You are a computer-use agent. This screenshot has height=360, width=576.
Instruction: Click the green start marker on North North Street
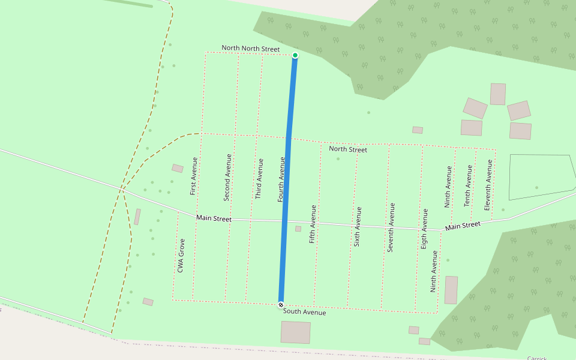click(295, 55)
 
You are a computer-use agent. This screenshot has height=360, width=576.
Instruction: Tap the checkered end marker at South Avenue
click(281, 305)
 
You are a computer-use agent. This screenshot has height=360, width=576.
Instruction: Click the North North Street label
click(251, 48)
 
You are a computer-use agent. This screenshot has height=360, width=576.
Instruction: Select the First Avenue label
click(193, 176)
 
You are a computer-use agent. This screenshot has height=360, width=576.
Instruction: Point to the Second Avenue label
click(227, 177)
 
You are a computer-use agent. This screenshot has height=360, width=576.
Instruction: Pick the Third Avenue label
click(260, 179)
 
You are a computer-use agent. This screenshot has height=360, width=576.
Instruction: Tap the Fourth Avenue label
click(281, 179)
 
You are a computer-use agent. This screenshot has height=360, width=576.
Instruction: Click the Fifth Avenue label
click(313, 224)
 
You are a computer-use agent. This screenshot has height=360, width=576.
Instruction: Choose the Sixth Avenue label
click(358, 227)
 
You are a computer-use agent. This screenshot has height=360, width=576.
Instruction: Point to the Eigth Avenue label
click(425, 229)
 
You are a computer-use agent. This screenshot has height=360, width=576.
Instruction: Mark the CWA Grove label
click(181, 256)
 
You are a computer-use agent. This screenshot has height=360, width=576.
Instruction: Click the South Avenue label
click(305, 312)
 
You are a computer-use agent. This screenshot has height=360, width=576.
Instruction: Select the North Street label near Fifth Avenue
click(348, 149)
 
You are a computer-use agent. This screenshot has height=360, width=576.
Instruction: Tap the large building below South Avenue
click(296, 332)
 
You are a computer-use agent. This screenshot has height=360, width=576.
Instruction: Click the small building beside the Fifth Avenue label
click(298, 229)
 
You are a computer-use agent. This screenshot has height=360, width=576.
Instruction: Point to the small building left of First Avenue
click(178, 169)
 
